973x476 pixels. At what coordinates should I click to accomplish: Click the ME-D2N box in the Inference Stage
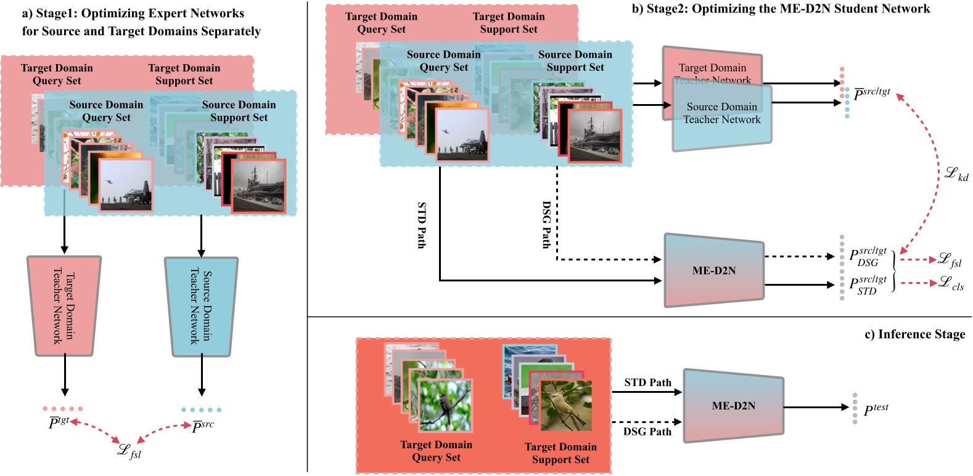733,406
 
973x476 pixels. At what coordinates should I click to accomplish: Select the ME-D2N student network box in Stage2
713,270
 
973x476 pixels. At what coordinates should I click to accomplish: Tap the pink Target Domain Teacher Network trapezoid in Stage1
64,306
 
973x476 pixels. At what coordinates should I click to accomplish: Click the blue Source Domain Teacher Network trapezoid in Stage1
200,307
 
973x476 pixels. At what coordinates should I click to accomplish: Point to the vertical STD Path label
422,225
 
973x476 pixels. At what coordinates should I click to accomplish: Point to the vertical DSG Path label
546,225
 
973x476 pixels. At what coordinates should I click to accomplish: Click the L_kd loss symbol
956,174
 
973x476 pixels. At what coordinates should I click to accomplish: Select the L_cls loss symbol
950,283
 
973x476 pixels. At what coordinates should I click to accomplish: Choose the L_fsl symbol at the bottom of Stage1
129,451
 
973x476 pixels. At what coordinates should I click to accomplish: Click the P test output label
876,409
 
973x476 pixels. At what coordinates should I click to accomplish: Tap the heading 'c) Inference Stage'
914,334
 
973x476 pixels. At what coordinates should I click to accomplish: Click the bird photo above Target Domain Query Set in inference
445,405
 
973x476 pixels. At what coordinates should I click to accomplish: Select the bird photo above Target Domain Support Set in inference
565,405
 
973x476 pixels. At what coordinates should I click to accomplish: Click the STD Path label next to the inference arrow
647,382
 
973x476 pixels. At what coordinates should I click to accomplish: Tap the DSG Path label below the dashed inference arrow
647,432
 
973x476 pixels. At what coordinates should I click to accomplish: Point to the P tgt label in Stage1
59,422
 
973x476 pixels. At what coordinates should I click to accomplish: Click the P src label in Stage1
203,426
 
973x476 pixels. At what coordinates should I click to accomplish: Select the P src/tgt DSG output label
868,256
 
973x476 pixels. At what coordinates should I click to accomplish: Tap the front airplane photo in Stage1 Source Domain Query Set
126,185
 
